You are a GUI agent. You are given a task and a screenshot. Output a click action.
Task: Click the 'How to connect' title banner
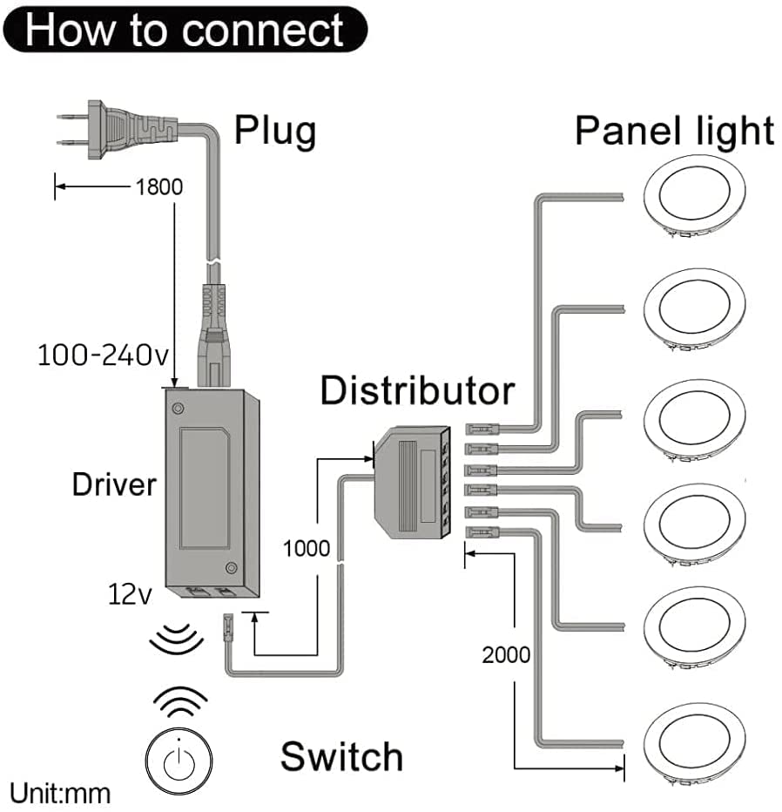coord(185,30)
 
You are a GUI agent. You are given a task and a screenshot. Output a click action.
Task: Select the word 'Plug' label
coord(275,131)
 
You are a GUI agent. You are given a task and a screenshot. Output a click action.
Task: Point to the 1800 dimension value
coord(159,186)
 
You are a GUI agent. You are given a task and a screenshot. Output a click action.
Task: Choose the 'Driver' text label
coord(114,484)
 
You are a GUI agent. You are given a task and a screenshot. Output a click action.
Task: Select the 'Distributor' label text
coord(416,390)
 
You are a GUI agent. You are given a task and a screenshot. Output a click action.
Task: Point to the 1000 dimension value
coord(306,548)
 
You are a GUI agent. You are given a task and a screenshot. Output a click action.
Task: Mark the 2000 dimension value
coord(506,653)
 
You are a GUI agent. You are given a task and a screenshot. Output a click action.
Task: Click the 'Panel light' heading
coord(674,131)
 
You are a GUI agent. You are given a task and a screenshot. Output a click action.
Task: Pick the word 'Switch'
coord(341,756)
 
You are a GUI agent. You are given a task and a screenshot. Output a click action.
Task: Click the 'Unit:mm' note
coord(60,794)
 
